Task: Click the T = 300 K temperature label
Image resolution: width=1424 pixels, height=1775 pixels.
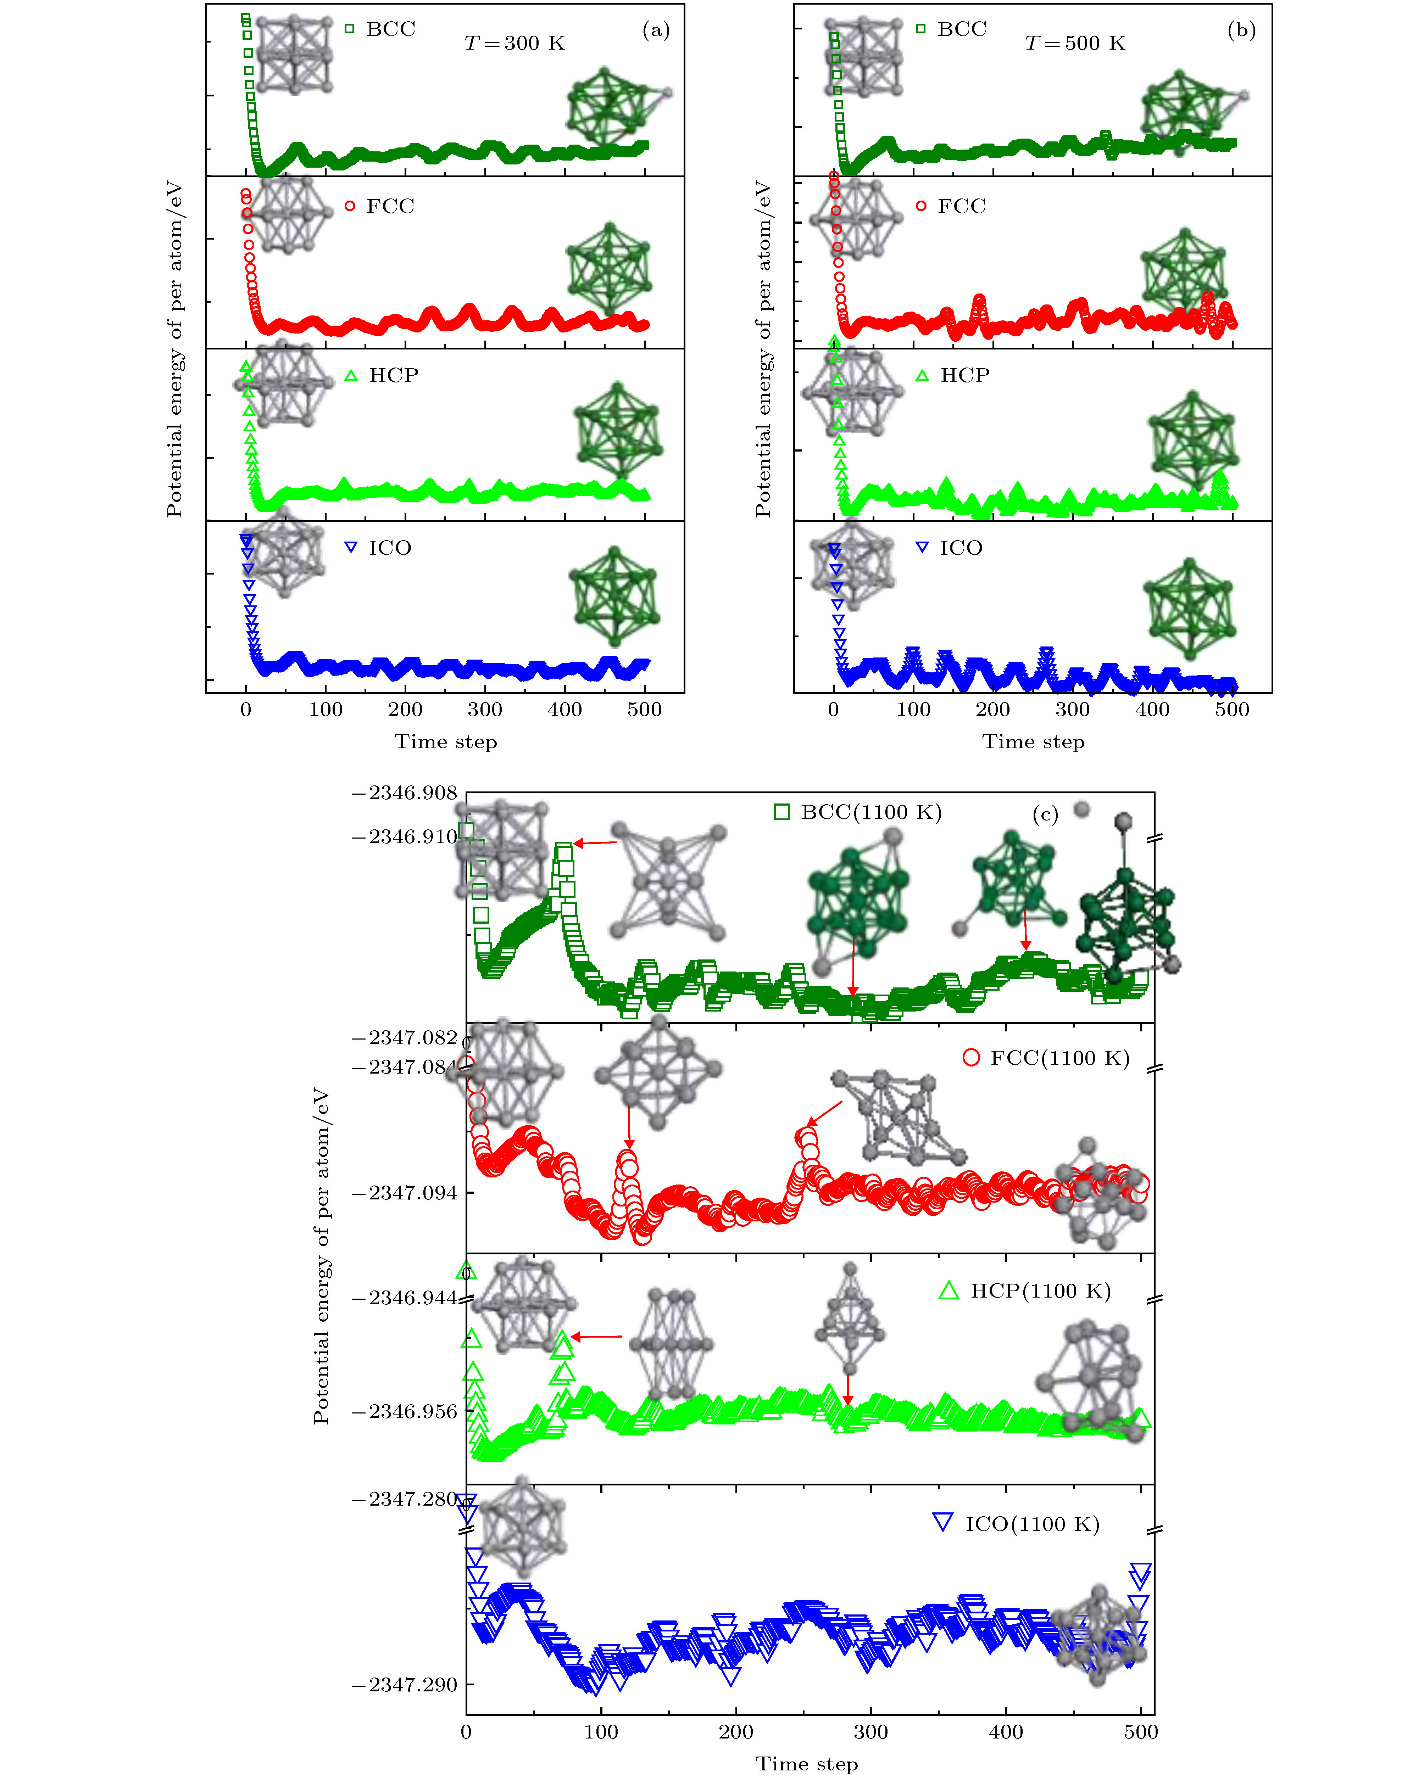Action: click(x=515, y=43)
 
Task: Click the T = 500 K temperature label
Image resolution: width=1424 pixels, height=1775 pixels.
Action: click(x=1075, y=43)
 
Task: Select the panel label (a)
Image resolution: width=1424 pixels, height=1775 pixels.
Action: click(x=656, y=30)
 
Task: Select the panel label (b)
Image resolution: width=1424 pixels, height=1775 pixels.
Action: click(x=1241, y=30)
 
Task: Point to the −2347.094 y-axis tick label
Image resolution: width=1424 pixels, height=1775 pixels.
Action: click(x=404, y=1193)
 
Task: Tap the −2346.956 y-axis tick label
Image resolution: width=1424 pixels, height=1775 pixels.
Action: click(x=404, y=1412)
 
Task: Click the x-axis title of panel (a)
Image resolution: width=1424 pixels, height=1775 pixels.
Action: click(x=446, y=742)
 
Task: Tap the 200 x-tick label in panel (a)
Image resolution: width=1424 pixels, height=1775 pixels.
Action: click(x=405, y=710)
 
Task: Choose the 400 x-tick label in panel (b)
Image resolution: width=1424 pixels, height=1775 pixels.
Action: click(x=1152, y=710)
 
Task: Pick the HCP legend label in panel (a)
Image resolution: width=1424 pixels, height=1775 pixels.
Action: click(x=393, y=375)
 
